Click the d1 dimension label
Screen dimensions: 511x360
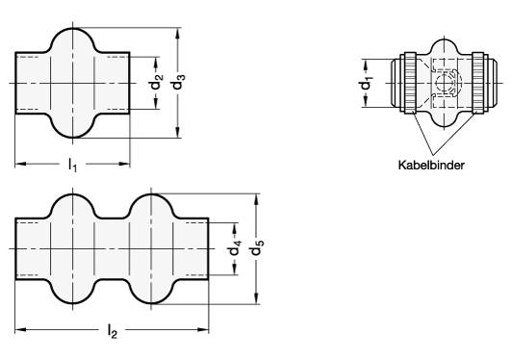click(366, 84)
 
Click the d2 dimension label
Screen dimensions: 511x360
click(156, 82)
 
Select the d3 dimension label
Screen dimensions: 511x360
click(178, 82)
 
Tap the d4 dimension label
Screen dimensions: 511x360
click(235, 248)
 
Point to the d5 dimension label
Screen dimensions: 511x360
click(257, 247)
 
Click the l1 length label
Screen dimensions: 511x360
click(72, 165)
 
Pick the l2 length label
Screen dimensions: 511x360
click(112, 331)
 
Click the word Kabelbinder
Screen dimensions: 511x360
click(431, 165)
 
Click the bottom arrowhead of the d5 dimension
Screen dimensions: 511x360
click(257, 298)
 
